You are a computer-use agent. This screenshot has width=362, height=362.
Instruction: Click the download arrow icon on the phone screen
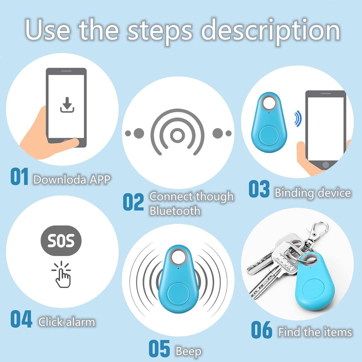click(x=67, y=105)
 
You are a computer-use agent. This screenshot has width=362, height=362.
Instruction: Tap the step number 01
click(x=20, y=177)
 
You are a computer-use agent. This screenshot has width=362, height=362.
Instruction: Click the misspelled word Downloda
click(x=60, y=180)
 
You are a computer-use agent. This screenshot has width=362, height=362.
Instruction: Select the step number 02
click(x=133, y=202)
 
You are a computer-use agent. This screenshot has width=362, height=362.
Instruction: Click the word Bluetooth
click(x=175, y=211)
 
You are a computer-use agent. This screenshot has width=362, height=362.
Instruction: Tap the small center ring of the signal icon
click(x=177, y=135)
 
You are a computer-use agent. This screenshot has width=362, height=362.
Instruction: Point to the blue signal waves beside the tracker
click(x=298, y=119)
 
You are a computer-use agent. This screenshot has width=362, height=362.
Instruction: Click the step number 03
click(x=259, y=189)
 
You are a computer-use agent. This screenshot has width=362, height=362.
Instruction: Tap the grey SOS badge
click(x=61, y=241)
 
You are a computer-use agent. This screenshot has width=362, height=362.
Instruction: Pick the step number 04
click(x=21, y=319)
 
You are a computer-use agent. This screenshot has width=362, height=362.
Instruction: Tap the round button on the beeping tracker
click(x=178, y=294)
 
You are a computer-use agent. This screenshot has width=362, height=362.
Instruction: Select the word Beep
click(x=188, y=352)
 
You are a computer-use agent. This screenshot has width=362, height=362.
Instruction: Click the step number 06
click(x=262, y=330)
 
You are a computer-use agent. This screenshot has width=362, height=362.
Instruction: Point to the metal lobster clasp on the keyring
click(x=316, y=233)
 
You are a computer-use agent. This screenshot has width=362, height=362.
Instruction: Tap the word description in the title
click(x=270, y=31)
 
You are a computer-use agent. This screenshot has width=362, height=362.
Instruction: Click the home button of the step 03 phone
click(x=325, y=165)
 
